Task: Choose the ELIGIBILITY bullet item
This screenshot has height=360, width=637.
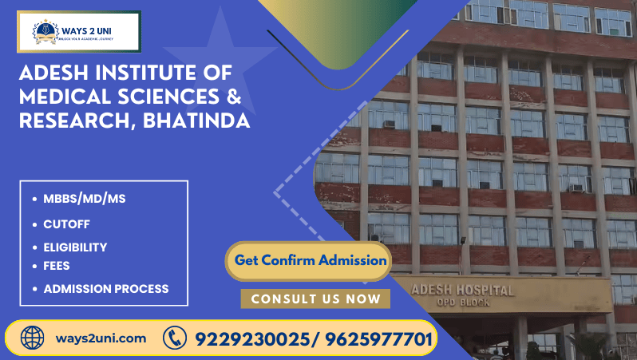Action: pos(75,247)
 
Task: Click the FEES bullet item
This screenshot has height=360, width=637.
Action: pos(57,265)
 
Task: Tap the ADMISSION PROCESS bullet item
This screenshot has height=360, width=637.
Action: pos(106,289)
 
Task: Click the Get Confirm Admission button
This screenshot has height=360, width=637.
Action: pos(311,260)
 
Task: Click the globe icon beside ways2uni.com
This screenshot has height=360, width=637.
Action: pos(32,338)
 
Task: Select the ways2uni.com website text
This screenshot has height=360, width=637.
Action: pos(101,338)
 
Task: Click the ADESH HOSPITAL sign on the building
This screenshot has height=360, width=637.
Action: pos(462,290)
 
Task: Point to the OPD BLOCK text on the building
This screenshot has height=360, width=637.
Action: pos(462,303)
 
